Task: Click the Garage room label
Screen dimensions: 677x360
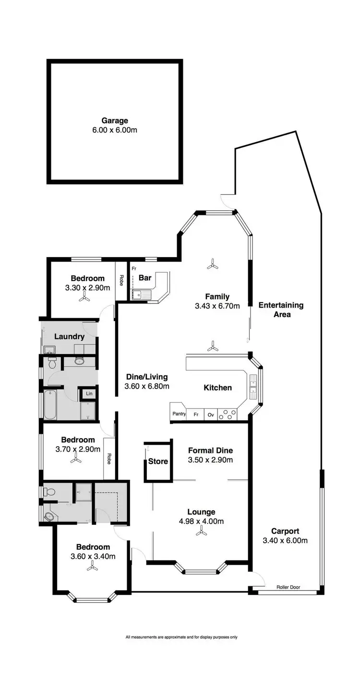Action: (x=114, y=121)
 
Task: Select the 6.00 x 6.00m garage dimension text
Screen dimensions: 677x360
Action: (x=114, y=130)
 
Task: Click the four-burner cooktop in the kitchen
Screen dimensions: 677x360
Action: (x=228, y=415)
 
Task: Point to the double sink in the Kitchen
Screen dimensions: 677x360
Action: (x=253, y=388)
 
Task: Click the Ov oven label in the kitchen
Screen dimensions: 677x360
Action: (x=210, y=414)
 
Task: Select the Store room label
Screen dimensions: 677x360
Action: (x=158, y=462)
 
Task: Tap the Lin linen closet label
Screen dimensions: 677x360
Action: (x=89, y=394)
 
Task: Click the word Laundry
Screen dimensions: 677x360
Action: (x=69, y=336)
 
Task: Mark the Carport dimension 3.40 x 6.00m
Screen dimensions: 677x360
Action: (x=285, y=541)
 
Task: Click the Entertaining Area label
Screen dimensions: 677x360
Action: (x=281, y=310)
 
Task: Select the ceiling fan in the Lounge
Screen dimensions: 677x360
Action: (x=202, y=532)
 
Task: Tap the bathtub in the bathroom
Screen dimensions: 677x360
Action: (x=50, y=404)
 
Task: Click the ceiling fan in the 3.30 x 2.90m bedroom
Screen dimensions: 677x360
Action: (x=84, y=298)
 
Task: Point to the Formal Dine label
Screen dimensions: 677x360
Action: (x=210, y=450)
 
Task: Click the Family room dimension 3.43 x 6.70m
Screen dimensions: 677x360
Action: (x=217, y=306)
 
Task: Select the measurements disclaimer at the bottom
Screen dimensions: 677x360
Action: (x=181, y=637)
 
